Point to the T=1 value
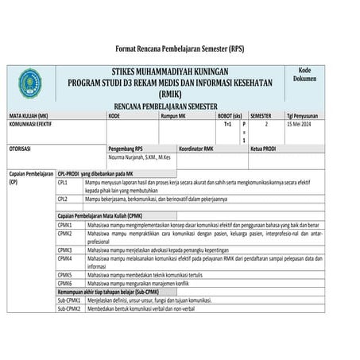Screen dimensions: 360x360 point(227,125)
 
